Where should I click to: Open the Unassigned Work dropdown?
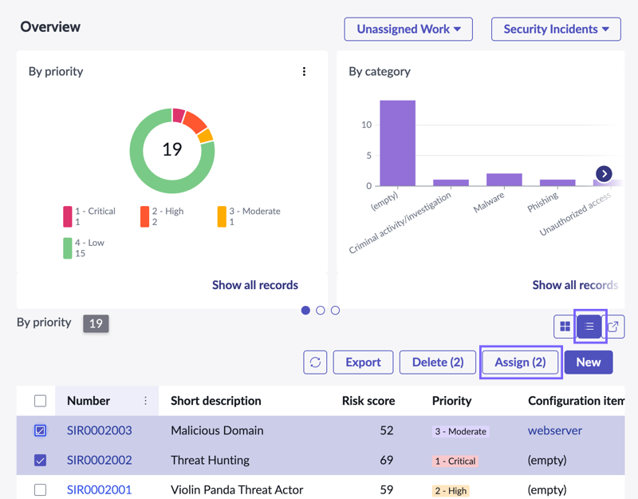point(408,29)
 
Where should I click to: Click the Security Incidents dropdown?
point(556,29)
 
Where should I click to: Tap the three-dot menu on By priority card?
point(304,72)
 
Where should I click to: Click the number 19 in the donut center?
point(172,149)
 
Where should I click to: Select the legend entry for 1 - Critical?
point(89,216)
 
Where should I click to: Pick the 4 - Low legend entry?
point(84,248)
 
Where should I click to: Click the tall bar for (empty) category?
point(397,143)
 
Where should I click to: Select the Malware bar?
point(504,180)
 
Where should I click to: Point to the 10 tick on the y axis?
point(366,125)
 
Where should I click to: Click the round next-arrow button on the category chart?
point(604,173)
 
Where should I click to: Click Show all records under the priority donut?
point(255,285)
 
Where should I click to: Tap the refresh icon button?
point(315,362)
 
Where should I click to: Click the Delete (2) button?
point(438,362)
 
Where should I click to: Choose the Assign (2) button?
point(520,362)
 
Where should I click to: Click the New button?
point(589,362)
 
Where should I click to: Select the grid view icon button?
point(565,327)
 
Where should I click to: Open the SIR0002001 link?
point(99,489)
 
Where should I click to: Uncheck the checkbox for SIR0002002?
point(41,461)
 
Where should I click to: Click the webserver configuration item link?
point(555,430)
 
